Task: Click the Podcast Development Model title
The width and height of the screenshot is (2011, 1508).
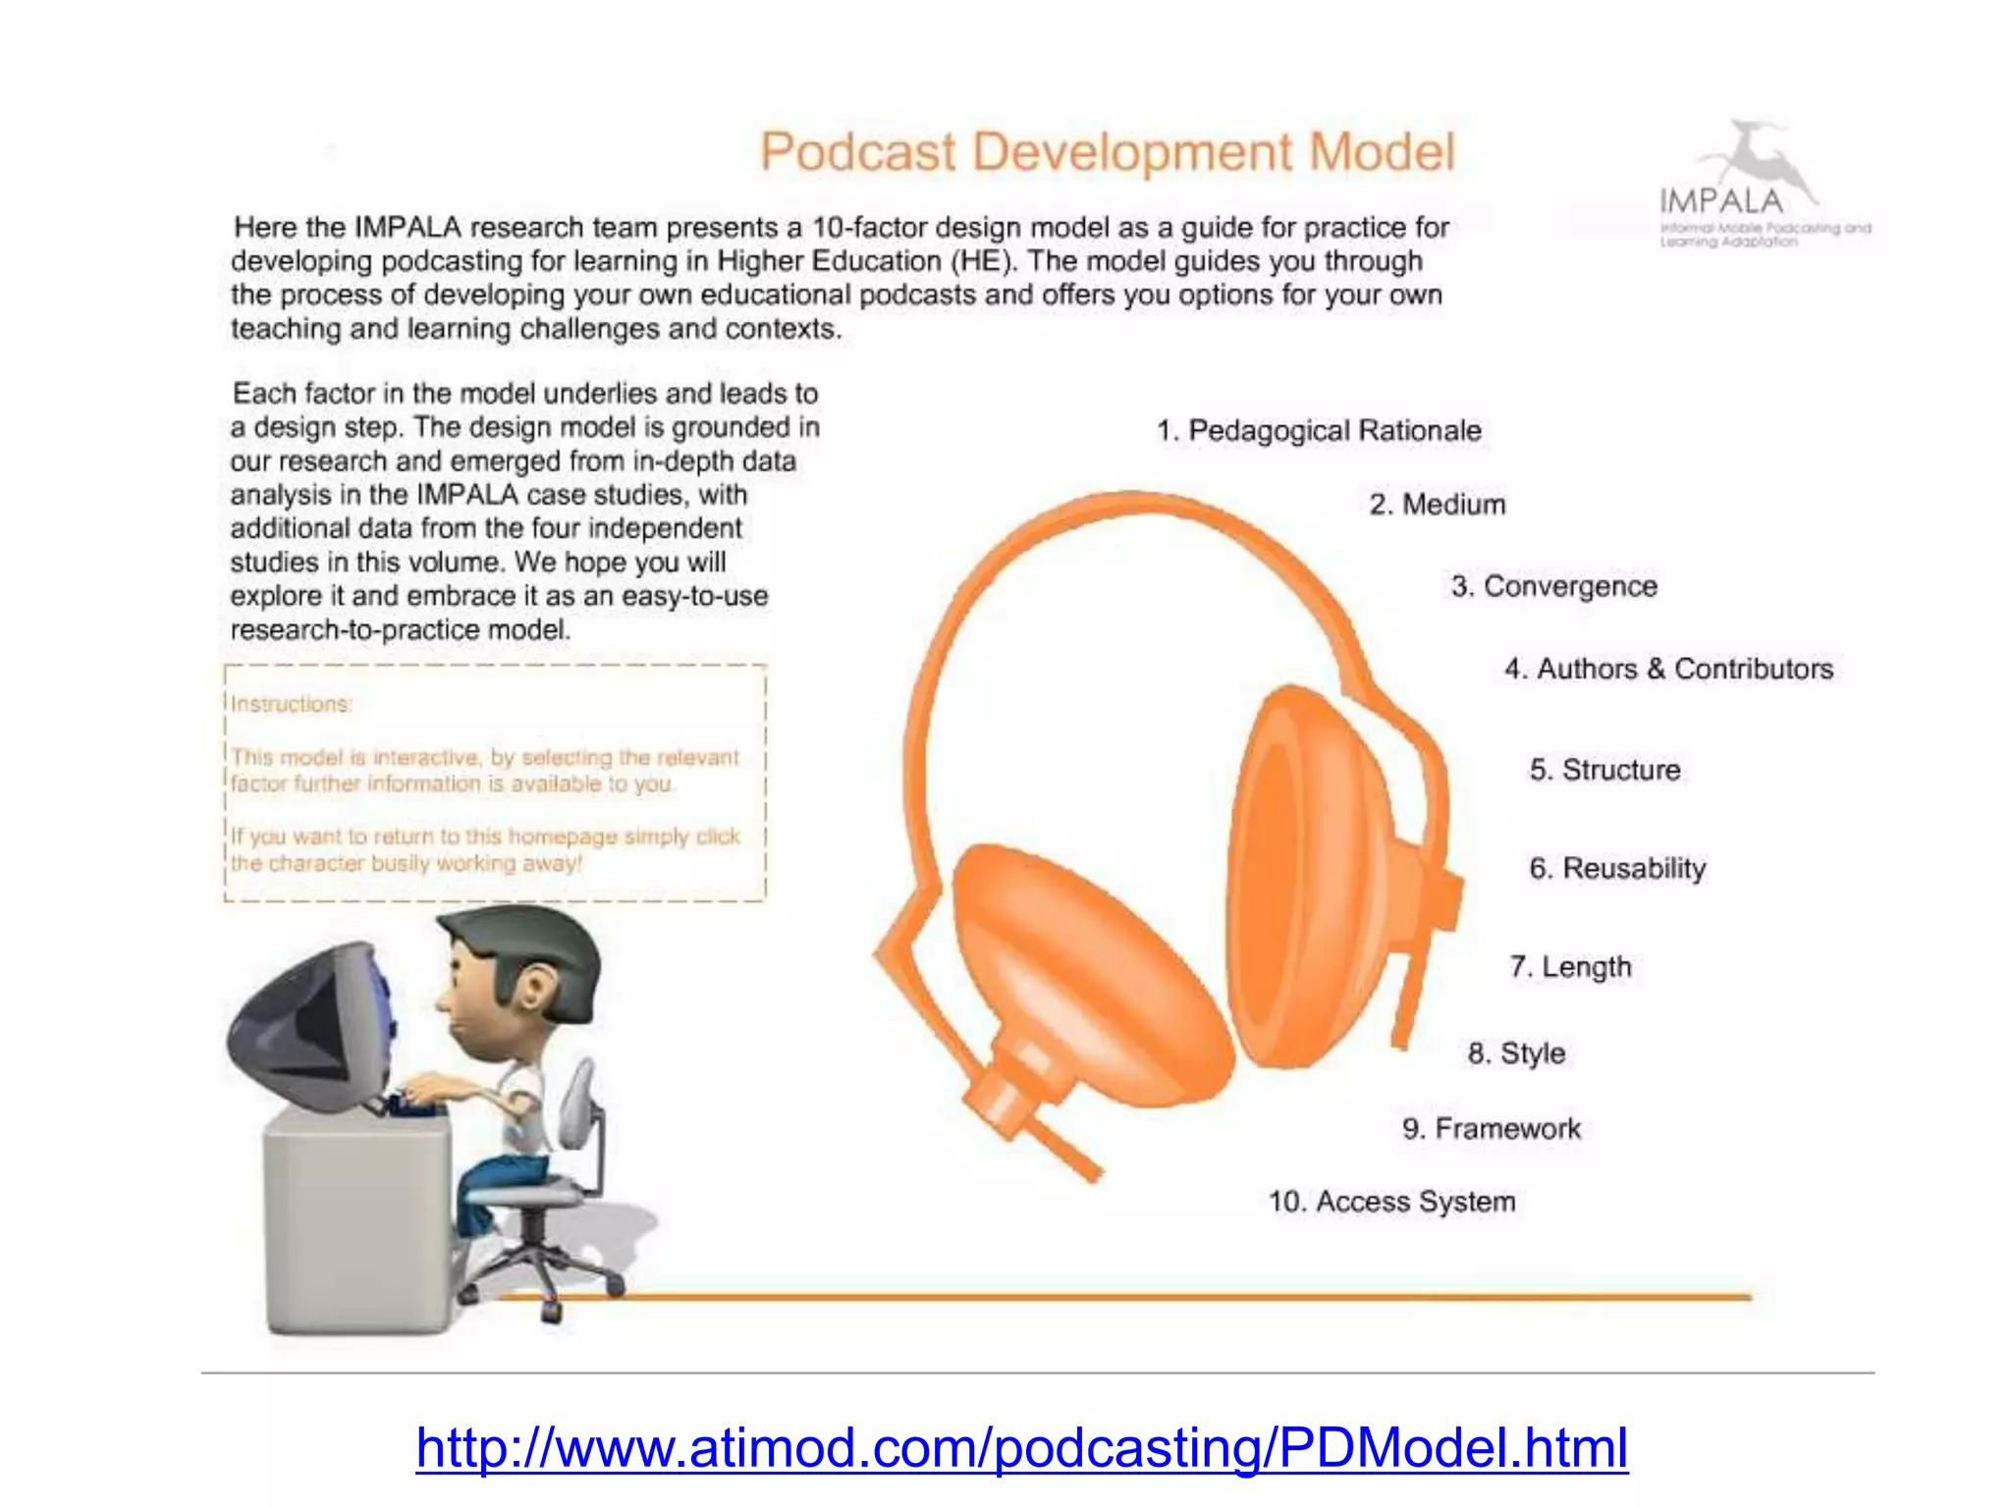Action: [1107, 153]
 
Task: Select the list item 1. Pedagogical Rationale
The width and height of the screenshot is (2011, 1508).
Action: [1319, 430]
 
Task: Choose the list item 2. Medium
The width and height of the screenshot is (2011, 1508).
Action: [1438, 505]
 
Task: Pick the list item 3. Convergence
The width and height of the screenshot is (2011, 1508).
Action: [1554, 586]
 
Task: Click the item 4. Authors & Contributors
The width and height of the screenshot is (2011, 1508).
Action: [1668, 669]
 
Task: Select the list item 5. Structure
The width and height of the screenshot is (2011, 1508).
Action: [1604, 770]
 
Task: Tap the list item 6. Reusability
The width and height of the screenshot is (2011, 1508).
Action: [1617, 868]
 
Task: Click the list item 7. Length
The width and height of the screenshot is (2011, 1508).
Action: [1570, 967]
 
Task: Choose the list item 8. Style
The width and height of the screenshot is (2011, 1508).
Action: [1516, 1053]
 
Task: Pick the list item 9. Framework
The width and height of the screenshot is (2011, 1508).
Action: [1492, 1129]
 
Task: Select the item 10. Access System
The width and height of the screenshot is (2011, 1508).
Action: [1391, 1202]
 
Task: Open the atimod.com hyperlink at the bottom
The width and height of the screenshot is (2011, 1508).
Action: [1021, 1448]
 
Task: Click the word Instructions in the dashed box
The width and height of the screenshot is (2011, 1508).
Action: [291, 704]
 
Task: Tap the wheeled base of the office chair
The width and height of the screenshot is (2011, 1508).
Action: [540, 1276]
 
